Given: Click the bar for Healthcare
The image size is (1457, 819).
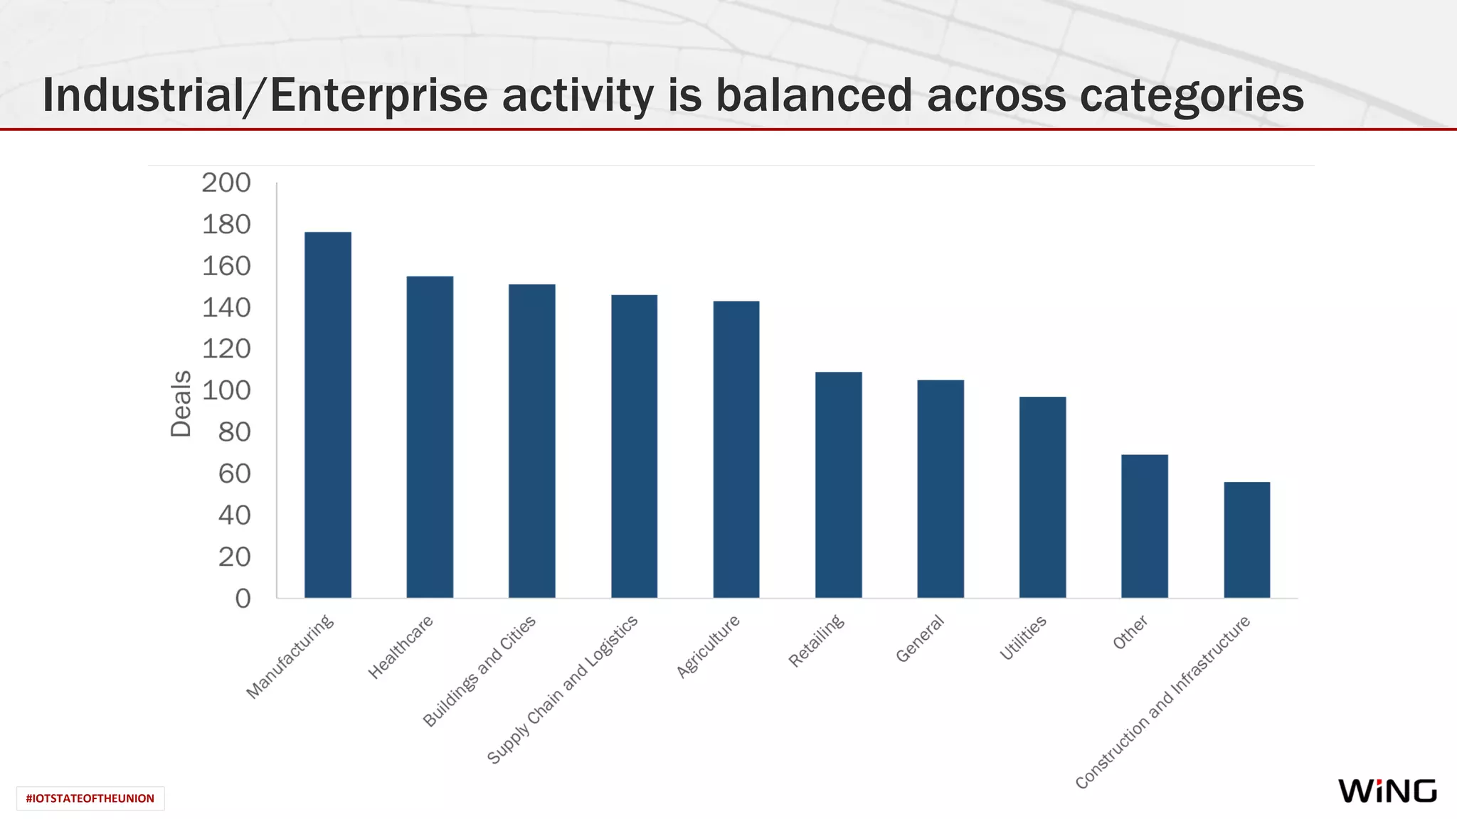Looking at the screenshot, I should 430,437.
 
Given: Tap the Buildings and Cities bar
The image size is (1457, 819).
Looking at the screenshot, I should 531,441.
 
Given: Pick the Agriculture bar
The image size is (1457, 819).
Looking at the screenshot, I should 736,449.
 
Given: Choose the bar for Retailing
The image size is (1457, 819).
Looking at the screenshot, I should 838,484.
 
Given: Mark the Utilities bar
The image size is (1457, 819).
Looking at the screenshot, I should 1042,497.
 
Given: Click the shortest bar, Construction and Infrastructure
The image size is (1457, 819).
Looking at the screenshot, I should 1246,540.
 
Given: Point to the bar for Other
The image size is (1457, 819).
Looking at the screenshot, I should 1144,526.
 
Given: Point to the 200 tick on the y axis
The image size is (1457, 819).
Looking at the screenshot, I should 226,183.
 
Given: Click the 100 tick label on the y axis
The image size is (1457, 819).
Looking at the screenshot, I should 226,390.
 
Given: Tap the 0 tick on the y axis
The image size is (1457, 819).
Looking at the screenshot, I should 243,599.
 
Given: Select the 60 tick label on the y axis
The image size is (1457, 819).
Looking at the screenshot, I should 234,473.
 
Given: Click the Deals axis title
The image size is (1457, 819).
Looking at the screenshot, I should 181,404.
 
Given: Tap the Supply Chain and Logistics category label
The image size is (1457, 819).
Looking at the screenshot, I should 563,690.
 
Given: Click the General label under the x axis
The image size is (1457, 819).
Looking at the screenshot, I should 920,638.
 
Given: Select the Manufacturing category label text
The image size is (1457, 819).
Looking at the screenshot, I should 290,656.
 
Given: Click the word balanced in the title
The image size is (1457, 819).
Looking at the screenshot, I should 813,95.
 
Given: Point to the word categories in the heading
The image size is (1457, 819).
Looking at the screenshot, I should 1192,95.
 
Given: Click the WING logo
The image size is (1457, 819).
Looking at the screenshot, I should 1387,791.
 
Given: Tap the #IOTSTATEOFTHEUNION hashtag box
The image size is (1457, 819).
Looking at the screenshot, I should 90,798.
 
